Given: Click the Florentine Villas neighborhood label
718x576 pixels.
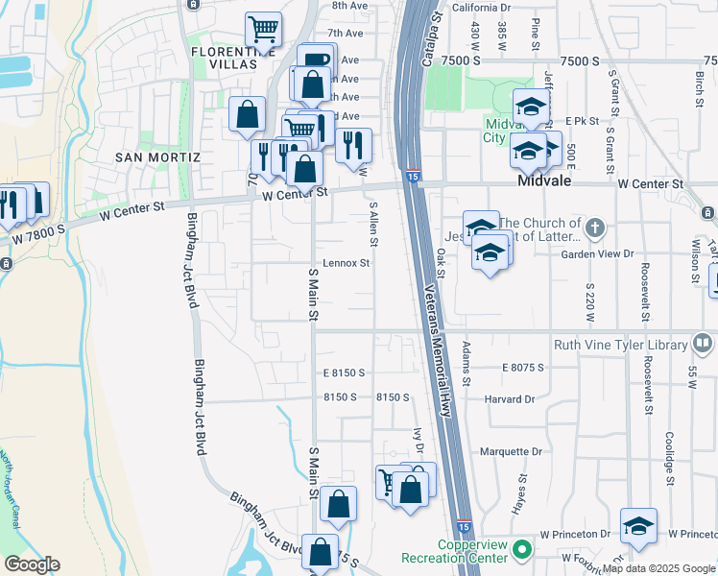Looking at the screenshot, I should (x=224, y=57).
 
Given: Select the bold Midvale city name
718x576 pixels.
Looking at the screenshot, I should (x=546, y=180).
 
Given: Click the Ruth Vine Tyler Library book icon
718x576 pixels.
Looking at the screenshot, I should (x=703, y=344).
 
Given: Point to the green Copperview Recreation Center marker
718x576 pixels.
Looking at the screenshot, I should (x=521, y=550).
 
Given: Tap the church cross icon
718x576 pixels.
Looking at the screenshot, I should (x=595, y=228).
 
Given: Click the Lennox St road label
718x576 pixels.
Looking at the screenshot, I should (x=346, y=262).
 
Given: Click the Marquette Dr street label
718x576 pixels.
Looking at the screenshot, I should (x=511, y=451).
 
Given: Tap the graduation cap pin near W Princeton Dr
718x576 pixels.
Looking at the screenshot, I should (x=638, y=526).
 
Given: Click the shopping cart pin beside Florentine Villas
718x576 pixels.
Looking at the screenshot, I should (x=263, y=29).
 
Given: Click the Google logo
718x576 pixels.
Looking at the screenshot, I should (x=32, y=564).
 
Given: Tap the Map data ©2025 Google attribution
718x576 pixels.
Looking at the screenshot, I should (x=659, y=568).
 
